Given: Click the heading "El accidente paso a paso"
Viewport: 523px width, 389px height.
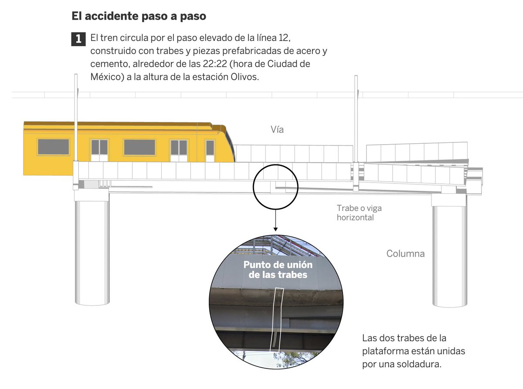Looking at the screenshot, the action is point(139,17).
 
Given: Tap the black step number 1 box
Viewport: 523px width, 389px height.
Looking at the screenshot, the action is point(78,39).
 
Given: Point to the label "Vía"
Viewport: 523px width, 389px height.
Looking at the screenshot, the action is point(277,129).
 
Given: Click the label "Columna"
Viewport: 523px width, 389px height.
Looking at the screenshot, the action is point(405,254).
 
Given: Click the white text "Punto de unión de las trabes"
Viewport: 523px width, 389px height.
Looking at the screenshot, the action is point(278,270).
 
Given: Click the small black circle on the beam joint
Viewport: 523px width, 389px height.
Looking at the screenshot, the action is point(275,186).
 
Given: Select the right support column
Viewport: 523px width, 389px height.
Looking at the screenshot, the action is point(449,255).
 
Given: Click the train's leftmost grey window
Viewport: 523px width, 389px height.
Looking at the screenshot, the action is point(53,147).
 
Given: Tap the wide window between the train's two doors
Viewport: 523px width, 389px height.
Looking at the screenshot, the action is point(139,147).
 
